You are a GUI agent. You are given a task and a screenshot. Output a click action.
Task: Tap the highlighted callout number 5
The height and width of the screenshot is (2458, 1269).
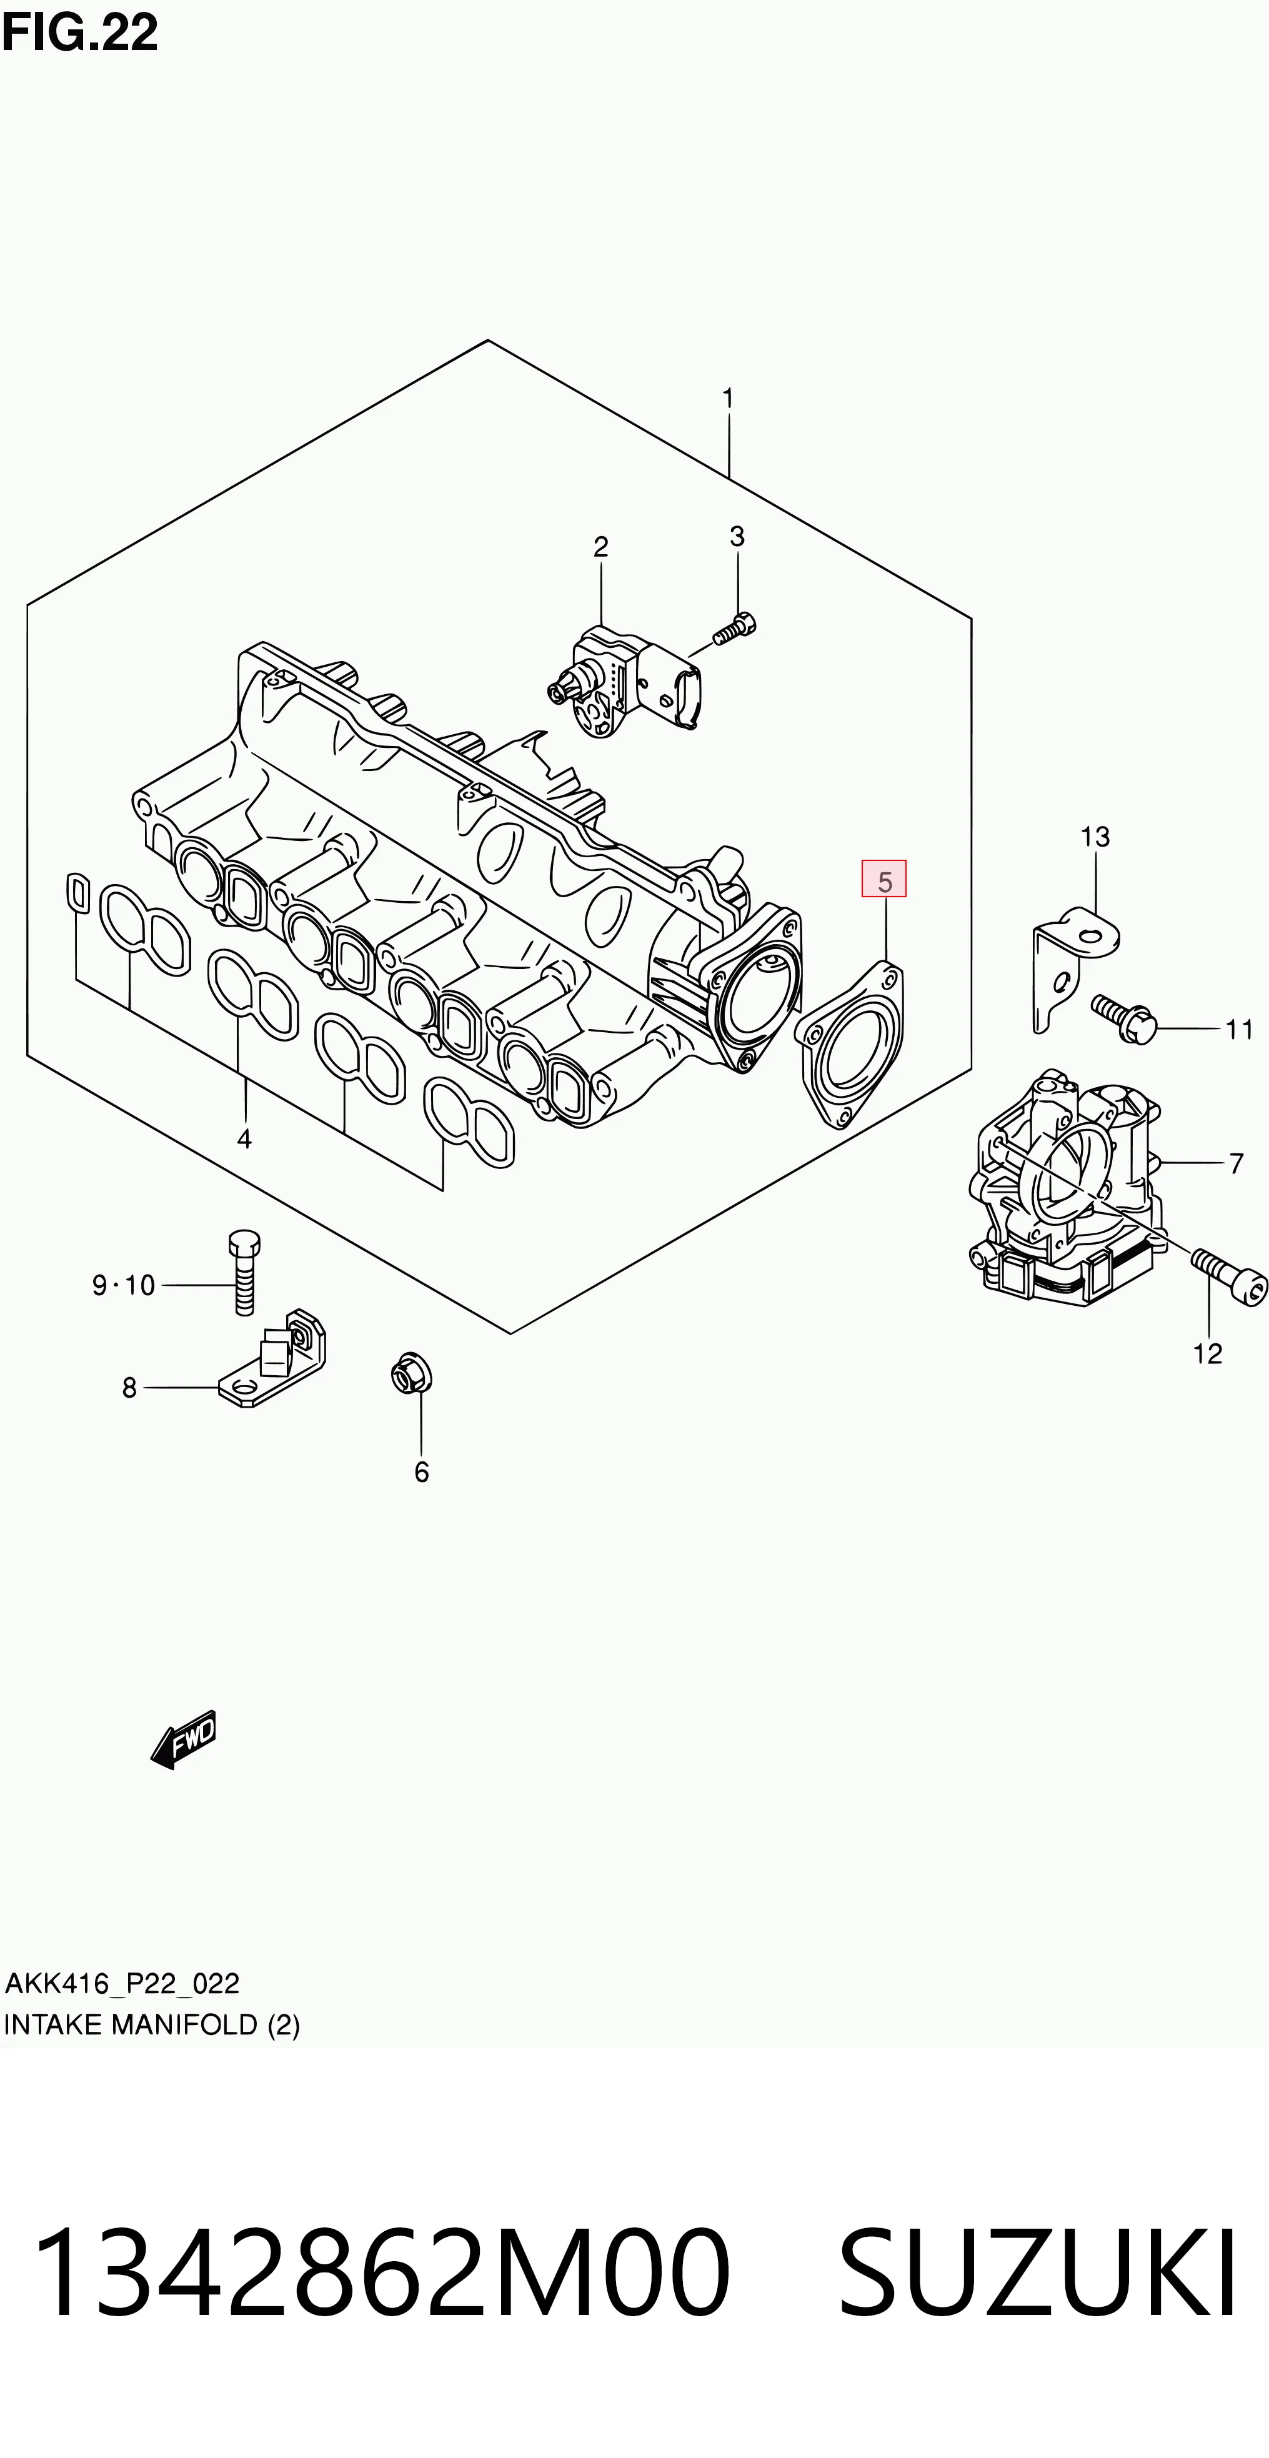(x=885, y=880)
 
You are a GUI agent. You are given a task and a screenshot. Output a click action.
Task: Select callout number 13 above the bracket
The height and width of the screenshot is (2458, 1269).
(x=1095, y=837)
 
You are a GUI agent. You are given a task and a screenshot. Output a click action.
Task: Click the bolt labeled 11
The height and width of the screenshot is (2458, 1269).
(x=1125, y=1017)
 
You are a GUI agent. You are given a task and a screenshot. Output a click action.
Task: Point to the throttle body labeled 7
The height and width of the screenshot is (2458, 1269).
(x=1066, y=1188)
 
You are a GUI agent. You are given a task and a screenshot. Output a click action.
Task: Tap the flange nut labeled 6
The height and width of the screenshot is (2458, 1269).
(x=411, y=1375)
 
